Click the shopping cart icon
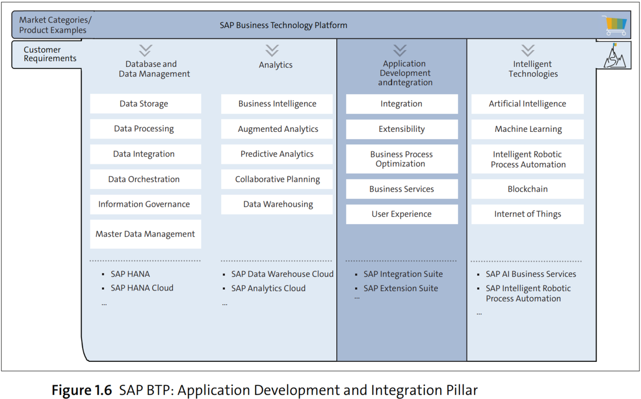point(615,25)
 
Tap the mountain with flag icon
point(614,56)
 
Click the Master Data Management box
point(145,234)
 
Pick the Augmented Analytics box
point(277,129)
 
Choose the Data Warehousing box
point(277,205)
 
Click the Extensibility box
point(401,129)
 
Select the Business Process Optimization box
point(401,159)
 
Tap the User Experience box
point(401,214)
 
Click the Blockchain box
point(527,189)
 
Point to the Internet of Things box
point(527,214)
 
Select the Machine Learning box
point(527,129)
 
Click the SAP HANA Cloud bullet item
point(141,288)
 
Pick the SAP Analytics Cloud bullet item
point(268,288)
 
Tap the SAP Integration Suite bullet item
point(403,274)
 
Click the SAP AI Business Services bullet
point(530,274)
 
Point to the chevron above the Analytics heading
point(272,51)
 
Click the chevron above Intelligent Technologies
point(528,51)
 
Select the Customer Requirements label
point(50,54)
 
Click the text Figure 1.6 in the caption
point(82,390)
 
